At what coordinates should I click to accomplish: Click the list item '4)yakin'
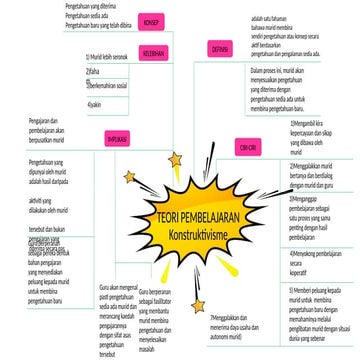[x=95, y=104]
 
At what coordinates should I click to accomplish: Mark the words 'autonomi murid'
[x=229, y=333]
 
